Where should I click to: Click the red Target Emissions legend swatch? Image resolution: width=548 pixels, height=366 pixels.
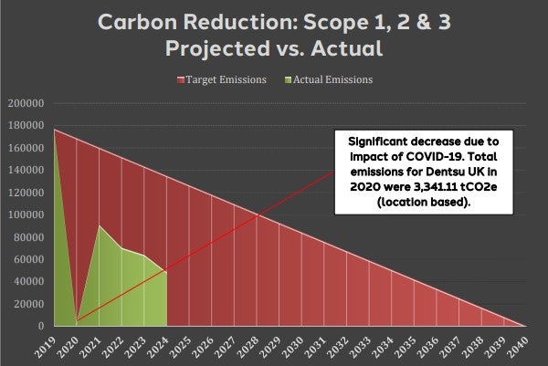coord(181,80)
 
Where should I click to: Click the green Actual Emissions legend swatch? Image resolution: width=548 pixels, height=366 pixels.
coord(288,80)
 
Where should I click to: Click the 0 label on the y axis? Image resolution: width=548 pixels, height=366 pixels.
coord(41,326)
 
